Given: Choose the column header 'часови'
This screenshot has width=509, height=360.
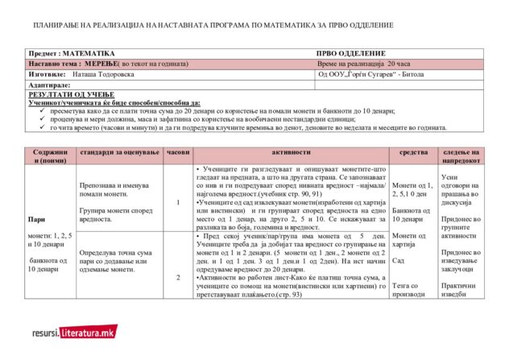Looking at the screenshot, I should tap(177, 152).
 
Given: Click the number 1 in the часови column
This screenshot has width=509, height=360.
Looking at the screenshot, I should tap(177, 202).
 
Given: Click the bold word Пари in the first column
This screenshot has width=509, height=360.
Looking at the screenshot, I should tap(36, 218).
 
